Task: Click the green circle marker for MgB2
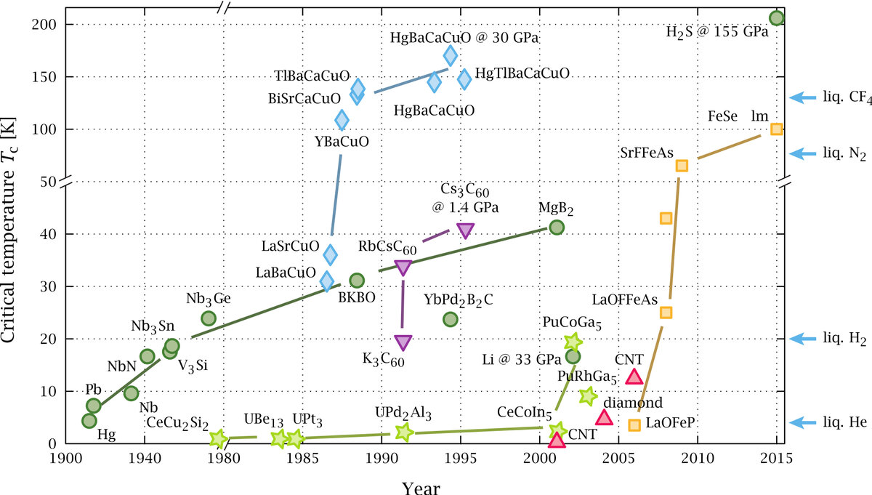pos(557,227)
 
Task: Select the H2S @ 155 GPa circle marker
pos(776,18)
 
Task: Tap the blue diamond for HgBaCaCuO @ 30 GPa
pos(451,55)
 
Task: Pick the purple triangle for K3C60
pos(403,342)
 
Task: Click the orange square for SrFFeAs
pos(682,165)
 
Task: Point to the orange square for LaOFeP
pos(634,424)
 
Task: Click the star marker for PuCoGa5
pos(573,341)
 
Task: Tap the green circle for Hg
pos(89,420)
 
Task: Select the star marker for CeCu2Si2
pos(218,438)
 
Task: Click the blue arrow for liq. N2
pos(804,153)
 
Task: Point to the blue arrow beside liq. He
pos(804,422)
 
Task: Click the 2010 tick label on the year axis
pos(698,459)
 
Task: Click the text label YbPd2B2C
pos(459,299)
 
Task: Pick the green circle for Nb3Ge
pos(209,318)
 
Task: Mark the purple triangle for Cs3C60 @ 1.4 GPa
pos(466,230)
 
